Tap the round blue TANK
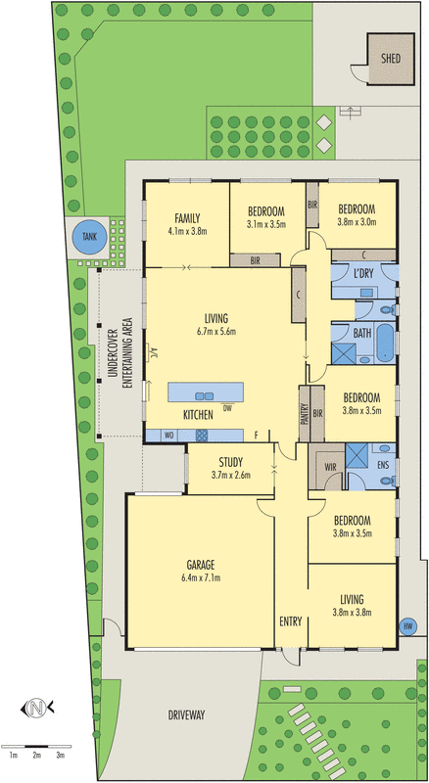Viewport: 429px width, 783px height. point(89,236)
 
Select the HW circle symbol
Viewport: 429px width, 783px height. point(408,626)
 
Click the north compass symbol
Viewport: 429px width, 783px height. point(36,707)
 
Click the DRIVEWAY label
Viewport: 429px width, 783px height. point(185,715)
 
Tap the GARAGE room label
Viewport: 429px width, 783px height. point(201,564)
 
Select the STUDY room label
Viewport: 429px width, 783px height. point(231,462)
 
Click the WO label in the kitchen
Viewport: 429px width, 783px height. point(168,435)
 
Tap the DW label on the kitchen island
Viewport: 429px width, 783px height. point(227,407)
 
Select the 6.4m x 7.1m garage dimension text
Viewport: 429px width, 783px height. point(201,577)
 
